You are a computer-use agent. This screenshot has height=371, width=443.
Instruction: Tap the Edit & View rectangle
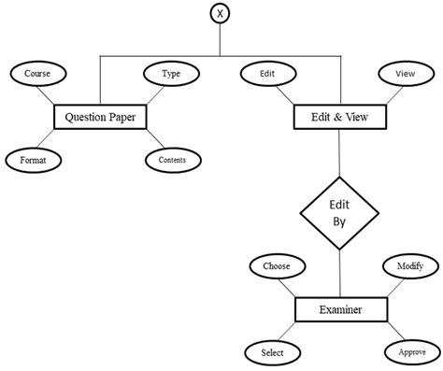(x=338, y=117)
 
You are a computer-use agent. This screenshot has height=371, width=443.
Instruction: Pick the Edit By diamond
(x=338, y=214)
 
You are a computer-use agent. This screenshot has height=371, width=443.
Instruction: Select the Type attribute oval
(x=171, y=73)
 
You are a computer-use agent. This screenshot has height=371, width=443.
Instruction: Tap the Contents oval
(x=171, y=160)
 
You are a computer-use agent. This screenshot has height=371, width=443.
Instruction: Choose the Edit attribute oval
(x=267, y=73)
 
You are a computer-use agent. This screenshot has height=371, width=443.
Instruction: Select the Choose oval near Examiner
(x=277, y=266)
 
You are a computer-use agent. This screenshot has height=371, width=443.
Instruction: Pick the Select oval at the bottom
(x=272, y=352)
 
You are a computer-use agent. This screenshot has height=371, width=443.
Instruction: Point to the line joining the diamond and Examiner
(x=338, y=276)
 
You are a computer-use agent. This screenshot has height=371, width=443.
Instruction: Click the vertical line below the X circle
(x=221, y=42)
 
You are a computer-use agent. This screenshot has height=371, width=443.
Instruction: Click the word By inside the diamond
(x=338, y=224)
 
